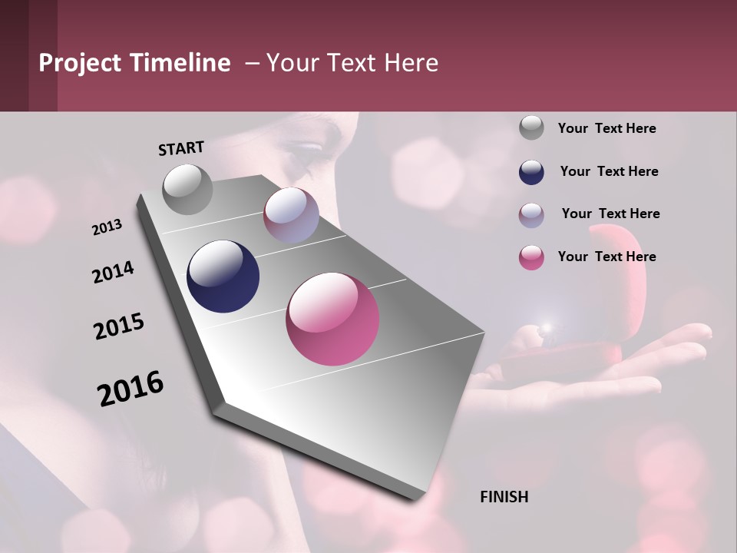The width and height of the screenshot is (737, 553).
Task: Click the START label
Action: (x=181, y=148)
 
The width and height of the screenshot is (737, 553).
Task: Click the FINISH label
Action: (x=504, y=497)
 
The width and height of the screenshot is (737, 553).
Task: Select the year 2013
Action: (x=107, y=227)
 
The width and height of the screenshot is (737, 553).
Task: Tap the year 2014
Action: (x=113, y=273)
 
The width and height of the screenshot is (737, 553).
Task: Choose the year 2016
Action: (x=131, y=389)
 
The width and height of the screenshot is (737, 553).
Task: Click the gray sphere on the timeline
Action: (x=188, y=189)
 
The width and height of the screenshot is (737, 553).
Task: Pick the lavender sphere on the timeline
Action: (x=291, y=215)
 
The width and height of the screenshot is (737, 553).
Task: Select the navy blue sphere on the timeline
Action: (x=223, y=276)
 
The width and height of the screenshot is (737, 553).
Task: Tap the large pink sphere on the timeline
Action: (x=332, y=319)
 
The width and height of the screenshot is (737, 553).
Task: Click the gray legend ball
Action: (x=531, y=128)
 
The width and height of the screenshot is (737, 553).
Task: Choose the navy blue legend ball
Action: (x=531, y=171)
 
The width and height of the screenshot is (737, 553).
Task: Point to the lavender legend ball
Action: (x=531, y=214)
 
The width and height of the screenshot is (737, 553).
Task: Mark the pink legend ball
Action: (x=531, y=257)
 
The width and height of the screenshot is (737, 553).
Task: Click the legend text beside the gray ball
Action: (x=606, y=129)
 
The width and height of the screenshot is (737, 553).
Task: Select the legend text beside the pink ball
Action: (x=606, y=257)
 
